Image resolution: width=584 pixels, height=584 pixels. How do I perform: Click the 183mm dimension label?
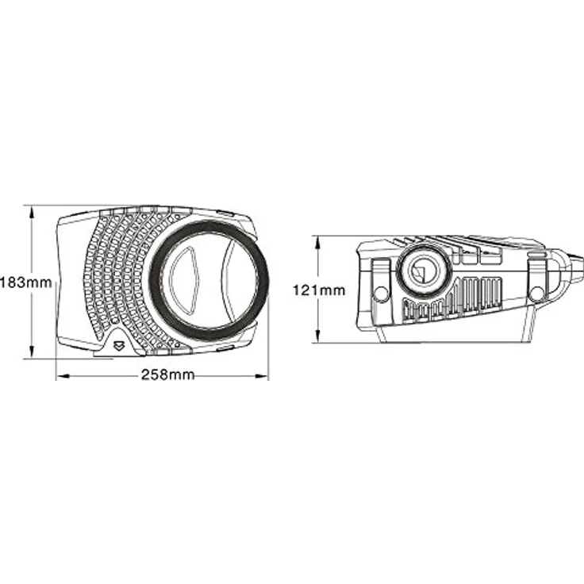coord(25,282)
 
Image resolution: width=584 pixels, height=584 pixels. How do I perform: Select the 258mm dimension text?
coord(167,375)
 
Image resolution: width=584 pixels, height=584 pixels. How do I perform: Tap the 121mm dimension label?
coord(319,290)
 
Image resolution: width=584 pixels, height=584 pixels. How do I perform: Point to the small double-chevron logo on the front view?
coord(119,346)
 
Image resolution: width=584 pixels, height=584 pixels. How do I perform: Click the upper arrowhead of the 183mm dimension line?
coord(32,213)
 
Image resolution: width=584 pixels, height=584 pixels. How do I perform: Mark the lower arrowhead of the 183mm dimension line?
coord(32,352)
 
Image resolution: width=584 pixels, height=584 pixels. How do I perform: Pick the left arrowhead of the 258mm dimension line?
coord(63,376)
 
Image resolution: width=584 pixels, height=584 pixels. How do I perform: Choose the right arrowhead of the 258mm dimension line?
coord(261,376)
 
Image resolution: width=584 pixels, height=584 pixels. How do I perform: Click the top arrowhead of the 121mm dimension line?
coord(317,244)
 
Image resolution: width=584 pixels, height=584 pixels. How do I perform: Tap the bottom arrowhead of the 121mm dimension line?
coord(317,335)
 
